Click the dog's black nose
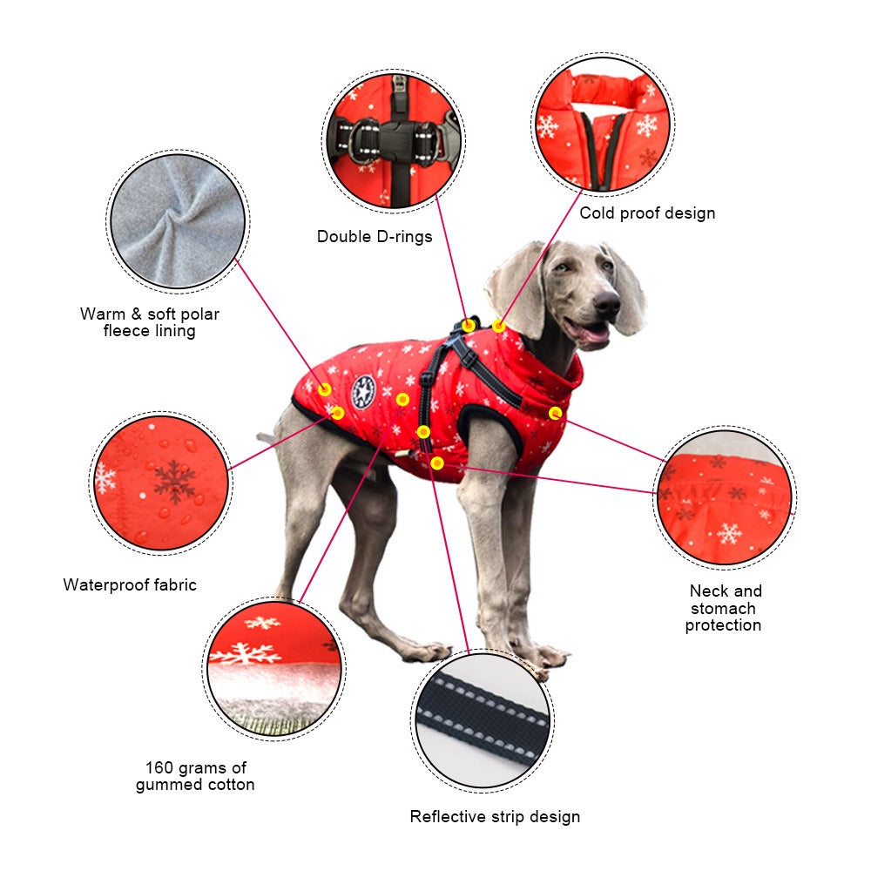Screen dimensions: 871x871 pos(607,304)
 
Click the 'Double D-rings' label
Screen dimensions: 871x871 pos(375,237)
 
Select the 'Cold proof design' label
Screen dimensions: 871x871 pos(647,213)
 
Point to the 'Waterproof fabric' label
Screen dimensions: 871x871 pos(130,585)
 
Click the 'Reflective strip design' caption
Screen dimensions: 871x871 pos(495,817)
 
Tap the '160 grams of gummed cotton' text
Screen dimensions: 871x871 pos(195,776)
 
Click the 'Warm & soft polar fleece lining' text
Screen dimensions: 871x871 pos(150,322)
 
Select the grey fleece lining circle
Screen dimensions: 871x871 pos(179,221)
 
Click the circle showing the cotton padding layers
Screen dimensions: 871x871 pos(274,669)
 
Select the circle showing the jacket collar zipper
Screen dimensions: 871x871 pos(603,124)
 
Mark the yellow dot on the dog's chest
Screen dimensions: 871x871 pos(555,412)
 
